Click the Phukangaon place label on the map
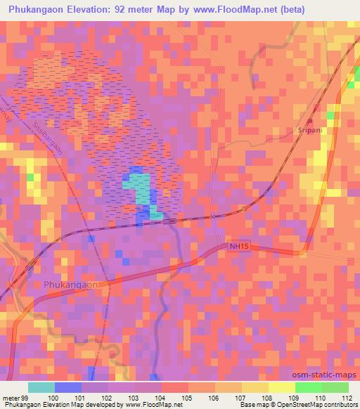[x=70, y=285]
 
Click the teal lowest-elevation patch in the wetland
[x=139, y=189]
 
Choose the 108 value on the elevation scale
[x=269, y=397]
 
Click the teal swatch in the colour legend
[x=41, y=387]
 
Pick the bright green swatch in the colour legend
[x=309, y=387]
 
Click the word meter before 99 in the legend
[x=10, y=397]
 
